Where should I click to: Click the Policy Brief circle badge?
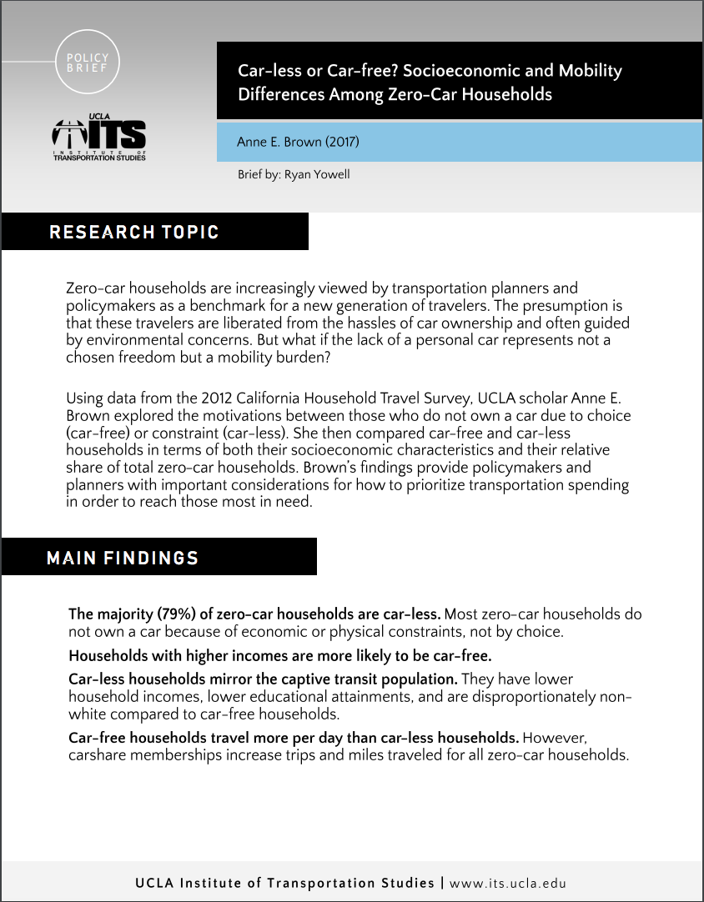(x=87, y=63)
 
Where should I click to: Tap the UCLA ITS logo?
(x=98, y=138)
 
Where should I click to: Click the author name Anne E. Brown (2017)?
(x=298, y=142)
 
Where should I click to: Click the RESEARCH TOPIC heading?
(x=134, y=232)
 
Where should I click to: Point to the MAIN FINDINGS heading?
(x=123, y=558)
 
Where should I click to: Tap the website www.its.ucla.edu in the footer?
(x=508, y=883)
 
